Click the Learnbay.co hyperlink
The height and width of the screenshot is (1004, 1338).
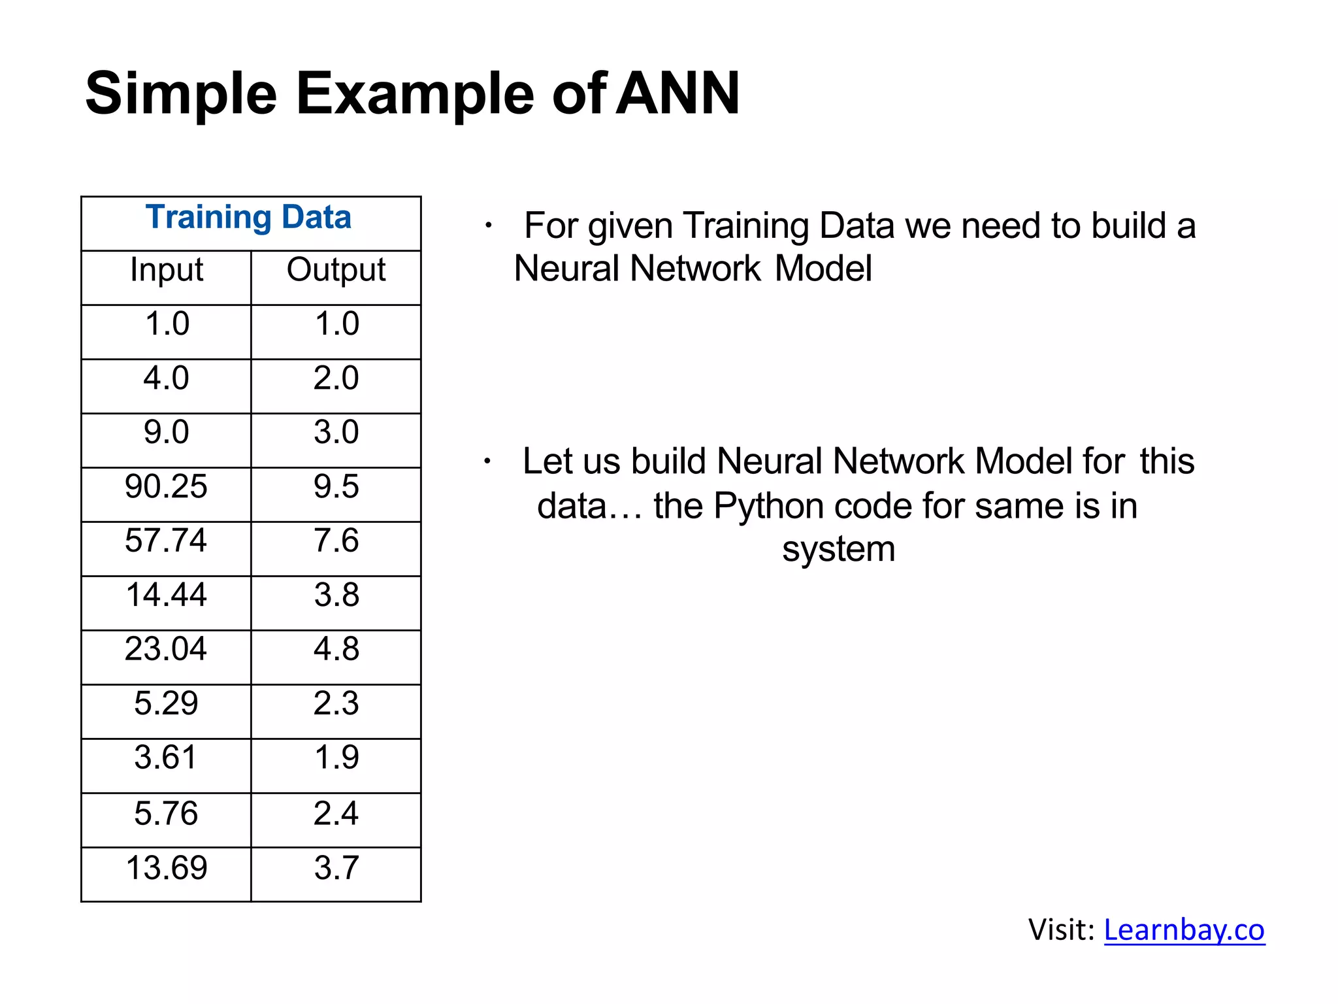pos(1184,929)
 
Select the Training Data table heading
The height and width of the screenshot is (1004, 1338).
pos(248,217)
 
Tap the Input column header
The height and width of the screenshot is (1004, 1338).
pos(167,270)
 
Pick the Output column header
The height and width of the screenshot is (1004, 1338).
pos(336,270)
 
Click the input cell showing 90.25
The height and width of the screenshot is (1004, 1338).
pos(166,486)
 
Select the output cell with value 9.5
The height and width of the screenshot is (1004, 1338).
pos(336,486)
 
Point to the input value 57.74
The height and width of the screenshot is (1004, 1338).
pos(166,541)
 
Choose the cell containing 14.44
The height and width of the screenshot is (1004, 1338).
pos(166,595)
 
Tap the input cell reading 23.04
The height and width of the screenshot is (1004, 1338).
pos(166,649)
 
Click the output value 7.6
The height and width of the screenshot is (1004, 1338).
pos(336,541)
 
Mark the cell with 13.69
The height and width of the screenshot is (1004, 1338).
pos(166,868)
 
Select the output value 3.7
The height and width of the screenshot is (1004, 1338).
pos(336,868)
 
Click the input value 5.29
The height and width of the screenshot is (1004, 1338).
pos(166,703)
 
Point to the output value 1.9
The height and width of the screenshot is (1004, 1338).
pos(336,758)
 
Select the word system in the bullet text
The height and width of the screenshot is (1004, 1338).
pos(838,549)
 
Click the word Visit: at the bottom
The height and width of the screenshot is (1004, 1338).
pos(1061,929)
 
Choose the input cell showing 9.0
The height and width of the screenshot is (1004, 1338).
pos(166,432)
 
